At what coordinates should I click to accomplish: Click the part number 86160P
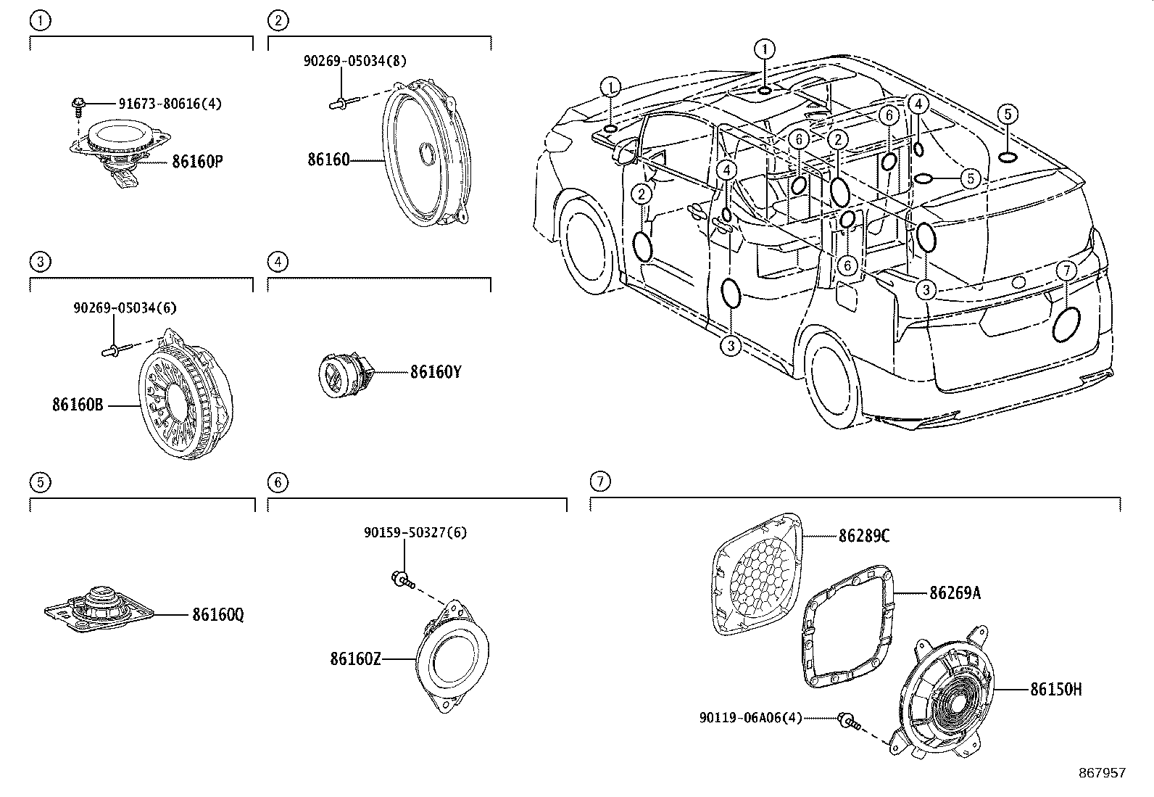pyautogui.click(x=196, y=161)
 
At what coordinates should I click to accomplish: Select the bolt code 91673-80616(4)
pyautogui.click(x=170, y=104)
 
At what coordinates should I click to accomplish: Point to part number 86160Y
pyautogui.click(x=436, y=373)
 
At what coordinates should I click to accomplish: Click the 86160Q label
pyautogui.click(x=217, y=615)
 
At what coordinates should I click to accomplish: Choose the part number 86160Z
pyautogui.click(x=355, y=658)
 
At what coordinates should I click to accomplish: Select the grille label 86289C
pyautogui.click(x=864, y=536)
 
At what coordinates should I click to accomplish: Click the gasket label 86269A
pyautogui.click(x=955, y=593)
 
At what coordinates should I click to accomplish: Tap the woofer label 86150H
pyautogui.click(x=1055, y=690)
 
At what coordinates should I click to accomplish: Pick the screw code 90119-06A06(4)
pyautogui.click(x=751, y=718)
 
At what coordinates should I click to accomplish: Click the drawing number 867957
pyautogui.click(x=1103, y=773)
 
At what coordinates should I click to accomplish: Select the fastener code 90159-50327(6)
pyautogui.click(x=415, y=532)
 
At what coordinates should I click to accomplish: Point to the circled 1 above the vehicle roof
pyautogui.click(x=763, y=49)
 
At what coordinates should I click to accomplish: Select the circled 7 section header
pyautogui.click(x=599, y=481)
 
